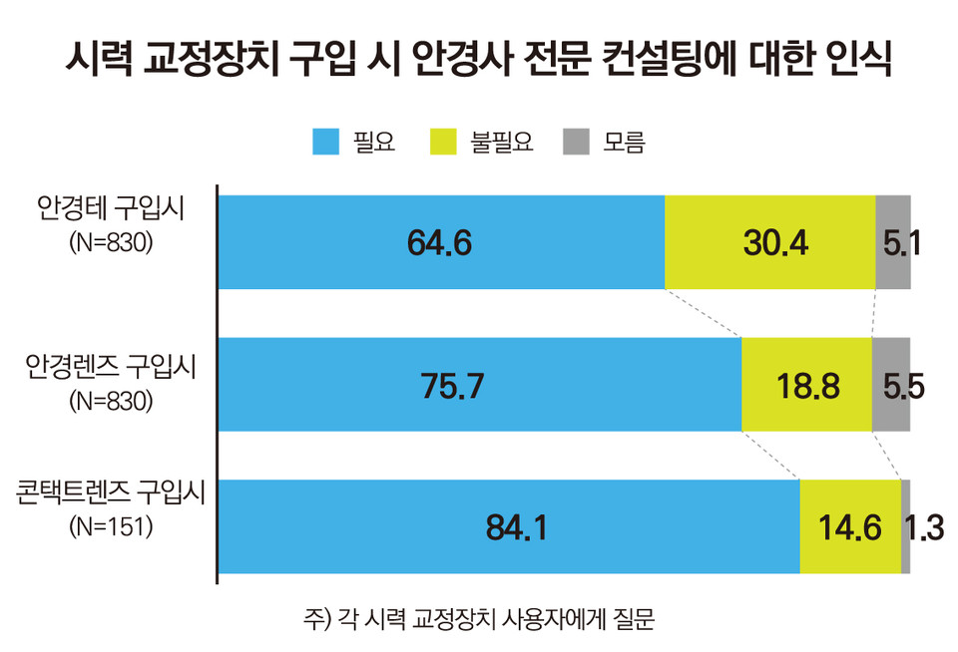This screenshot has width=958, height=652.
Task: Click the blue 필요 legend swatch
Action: pyautogui.click(x=326, y=142)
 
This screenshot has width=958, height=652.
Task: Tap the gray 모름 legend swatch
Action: pyautogui.click(x=577, y=142)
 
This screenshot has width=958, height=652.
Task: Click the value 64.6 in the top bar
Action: pyautogui.click(x=439, y=242)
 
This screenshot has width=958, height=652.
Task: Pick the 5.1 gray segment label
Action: pyautogui.click(x=893, y=242)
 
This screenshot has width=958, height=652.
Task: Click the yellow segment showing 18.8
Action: pyautogui.click(x=806, y=385)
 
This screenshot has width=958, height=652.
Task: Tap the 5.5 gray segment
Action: pyautogui.click(x=891, y=385)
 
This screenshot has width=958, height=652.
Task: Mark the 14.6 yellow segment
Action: pyautogui.click(x=849, y=527)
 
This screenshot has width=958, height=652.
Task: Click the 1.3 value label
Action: pyautogui.click(x=924, y=527)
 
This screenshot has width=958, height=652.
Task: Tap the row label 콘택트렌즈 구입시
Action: pyautogui.click(x=110, y=494)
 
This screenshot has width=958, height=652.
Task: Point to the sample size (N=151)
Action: pyautogui.click(x=111, y=527)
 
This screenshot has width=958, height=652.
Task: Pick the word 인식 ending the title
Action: pyautogui.click(x=859, y=58)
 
